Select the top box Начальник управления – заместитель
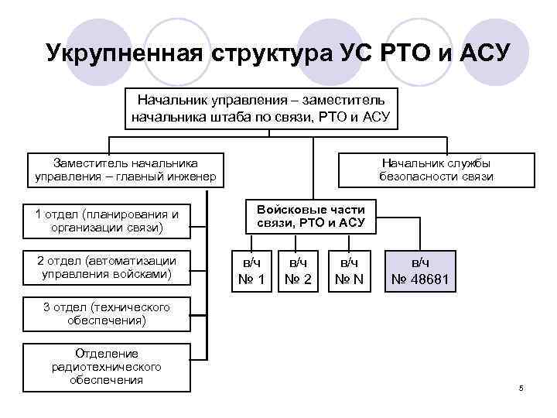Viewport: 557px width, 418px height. tap(267, 109)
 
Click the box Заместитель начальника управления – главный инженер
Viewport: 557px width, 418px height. tap(125, 170)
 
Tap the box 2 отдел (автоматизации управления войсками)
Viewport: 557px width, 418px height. tap(106, 267)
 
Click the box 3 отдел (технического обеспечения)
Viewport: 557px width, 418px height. tap(106, 314)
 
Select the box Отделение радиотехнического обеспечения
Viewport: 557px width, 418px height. tap(106, 367)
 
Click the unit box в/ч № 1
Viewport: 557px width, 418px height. tap(252, 271)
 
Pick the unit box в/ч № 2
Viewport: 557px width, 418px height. tap(298, 271)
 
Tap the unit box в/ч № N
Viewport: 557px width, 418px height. tap(348, 271)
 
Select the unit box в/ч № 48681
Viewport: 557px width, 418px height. tap(422, 271)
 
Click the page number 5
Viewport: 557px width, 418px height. tap(521, 387)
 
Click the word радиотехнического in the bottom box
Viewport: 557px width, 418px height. tap(106, 367)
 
